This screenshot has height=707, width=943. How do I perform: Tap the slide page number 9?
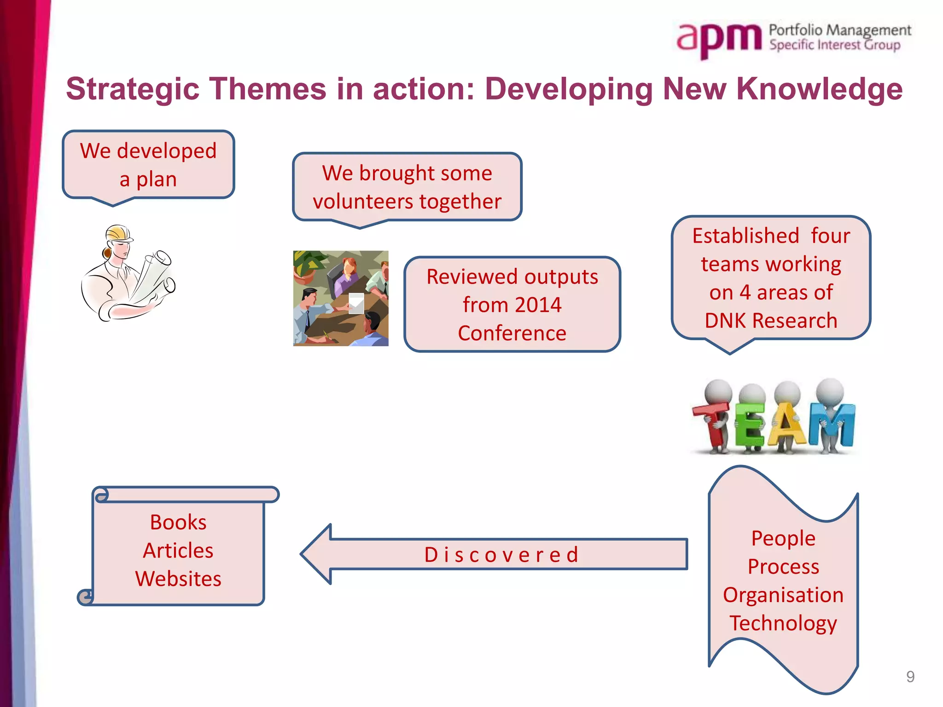pos(910,677)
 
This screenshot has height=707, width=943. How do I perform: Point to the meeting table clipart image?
pos(341,298)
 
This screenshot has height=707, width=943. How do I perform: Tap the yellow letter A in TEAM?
pos(788,426)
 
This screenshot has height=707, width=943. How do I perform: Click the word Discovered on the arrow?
pos(501,555)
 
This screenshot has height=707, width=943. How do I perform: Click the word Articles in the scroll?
pos(178,551)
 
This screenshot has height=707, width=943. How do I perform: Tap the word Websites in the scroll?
pos(178,579)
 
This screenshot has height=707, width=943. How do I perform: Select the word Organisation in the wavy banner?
pos(783,595)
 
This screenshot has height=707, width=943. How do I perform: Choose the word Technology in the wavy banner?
pos(783,623)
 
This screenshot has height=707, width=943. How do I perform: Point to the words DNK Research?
pos(771,321)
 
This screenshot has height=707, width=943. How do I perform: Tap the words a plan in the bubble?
pos(148,180)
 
